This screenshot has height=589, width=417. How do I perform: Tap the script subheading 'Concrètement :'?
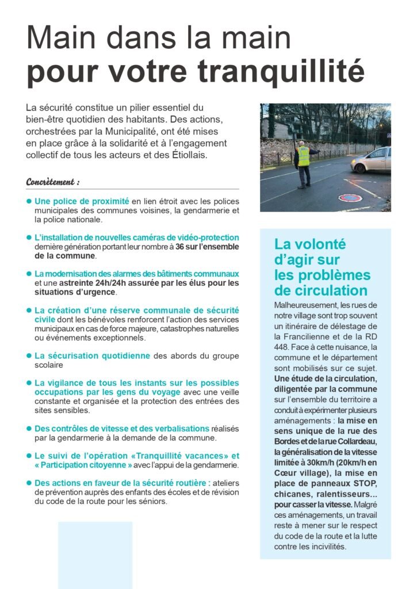point(53,182)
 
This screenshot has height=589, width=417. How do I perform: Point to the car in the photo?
point(371,160)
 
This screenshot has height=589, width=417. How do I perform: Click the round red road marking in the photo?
point(350,197)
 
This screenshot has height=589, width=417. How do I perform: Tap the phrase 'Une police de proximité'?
point(82,201)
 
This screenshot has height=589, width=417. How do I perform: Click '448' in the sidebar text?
point(283,347)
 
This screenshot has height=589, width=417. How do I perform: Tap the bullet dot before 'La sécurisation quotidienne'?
point(29,356)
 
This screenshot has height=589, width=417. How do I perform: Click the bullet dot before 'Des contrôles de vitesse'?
point(29,429)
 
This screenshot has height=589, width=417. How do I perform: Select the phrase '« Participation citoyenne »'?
point(83,465)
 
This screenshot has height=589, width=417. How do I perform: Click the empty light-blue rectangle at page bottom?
point(95,554)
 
